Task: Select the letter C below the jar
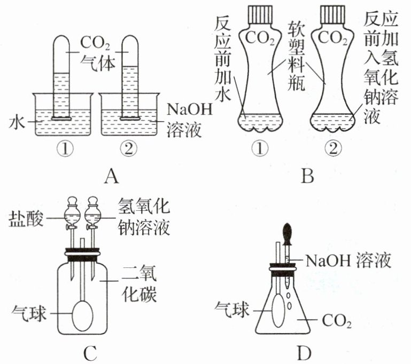point(90,353)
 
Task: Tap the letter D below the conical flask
point(304,353)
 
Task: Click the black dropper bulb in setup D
point(287,234)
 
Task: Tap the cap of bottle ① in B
point(260,14)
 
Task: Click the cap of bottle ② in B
point(333,14)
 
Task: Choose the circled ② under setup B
point(333,148)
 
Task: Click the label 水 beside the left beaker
point(17,122)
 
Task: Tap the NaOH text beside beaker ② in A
point(189,109)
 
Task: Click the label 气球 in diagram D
point(232,311)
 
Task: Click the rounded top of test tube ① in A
point(61,40)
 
